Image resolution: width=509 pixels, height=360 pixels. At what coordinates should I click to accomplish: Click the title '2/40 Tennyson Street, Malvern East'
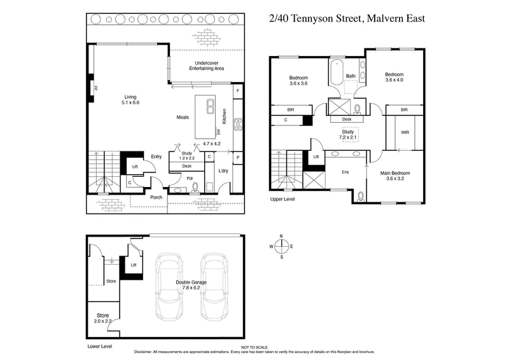tap(347, 18)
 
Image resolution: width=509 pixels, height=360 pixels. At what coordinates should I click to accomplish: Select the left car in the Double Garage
tap(169, 287)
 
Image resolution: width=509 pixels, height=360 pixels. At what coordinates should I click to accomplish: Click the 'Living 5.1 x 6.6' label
tap(130, 99)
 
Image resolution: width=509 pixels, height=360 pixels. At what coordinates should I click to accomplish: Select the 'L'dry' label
tap(223, 172)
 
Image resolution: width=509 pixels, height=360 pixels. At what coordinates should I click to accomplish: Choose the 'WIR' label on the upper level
tap(405, 133)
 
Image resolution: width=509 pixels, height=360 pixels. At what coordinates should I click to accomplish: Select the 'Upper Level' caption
tap(283, 200)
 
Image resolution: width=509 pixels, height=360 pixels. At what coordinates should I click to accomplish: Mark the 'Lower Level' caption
tap(100, 347)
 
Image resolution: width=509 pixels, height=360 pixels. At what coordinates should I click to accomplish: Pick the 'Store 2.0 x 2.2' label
tap(102, 318)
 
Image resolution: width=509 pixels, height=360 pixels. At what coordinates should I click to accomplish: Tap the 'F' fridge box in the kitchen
tap(237, 91)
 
